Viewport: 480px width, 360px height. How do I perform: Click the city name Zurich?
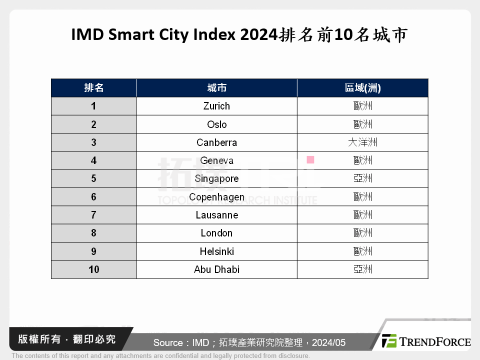coord(216,106)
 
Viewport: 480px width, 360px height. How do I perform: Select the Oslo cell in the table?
coord(216,124)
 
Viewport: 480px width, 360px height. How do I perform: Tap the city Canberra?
coord(216,142)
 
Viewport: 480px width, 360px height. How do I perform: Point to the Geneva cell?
coord(216,160)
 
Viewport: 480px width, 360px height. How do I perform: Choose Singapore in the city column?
coord(216,178)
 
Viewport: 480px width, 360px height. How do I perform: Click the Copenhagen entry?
coord(216,197)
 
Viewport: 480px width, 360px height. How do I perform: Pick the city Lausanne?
coord(216,215)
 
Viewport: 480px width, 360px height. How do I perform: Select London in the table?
coord(216,233)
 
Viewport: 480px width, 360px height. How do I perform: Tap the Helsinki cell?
coord(216,251)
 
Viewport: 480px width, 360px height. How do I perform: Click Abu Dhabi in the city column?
coord(216,269)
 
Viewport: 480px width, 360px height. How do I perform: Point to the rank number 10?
coord(94,269)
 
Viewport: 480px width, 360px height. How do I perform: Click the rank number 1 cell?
coord(93,106)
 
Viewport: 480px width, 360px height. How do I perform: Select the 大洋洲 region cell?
coord(362,142)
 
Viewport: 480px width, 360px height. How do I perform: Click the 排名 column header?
coord(93,88)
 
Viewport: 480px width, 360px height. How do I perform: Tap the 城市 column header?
coord(216,88)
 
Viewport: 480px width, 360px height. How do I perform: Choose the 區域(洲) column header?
coord(362,88)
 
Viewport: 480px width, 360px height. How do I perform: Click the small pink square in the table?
coord(310,159)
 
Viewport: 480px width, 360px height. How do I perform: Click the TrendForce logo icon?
coord(389,341)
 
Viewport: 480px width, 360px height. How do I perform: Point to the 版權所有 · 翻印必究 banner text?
coord(67,339)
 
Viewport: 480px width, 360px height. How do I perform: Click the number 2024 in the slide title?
coord(259,35)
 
